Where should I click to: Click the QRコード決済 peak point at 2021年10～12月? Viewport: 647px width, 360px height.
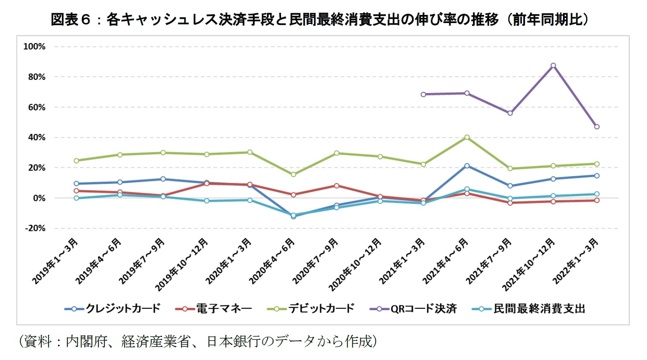553,66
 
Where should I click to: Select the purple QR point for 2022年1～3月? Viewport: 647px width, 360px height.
597,127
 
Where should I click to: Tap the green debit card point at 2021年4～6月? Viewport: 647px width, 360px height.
467,137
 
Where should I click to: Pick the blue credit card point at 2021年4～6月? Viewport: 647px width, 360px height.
467,165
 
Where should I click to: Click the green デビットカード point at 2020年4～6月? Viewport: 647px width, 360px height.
293,174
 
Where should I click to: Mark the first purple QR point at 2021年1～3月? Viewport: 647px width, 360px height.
424,94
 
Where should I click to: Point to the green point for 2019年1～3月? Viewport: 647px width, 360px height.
76,161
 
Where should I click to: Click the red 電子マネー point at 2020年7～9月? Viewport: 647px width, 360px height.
337,186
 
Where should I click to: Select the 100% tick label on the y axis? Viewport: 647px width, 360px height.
34,46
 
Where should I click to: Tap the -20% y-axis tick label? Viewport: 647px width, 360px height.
35,228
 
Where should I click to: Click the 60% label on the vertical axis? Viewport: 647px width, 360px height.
36,107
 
